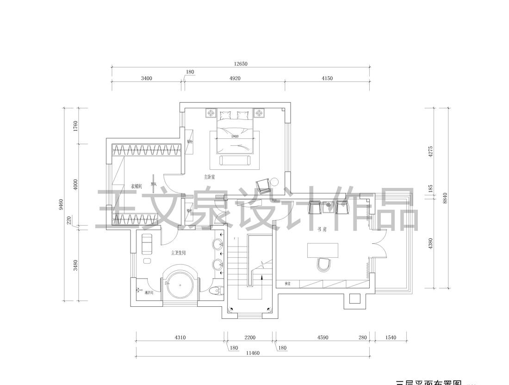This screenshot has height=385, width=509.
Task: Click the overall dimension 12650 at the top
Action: (x=240, y=64)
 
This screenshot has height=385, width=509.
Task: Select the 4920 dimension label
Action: (x=235, y=78)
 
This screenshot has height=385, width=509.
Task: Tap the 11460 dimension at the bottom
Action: (x=253, y=353)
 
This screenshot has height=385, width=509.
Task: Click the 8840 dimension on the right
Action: (x=445, y=198)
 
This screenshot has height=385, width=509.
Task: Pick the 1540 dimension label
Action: (x=391, y=338)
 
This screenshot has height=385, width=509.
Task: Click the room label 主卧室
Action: (x=210, y=177)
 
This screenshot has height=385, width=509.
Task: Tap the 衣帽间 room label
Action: (x=136, y=186)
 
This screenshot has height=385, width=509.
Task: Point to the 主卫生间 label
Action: (x=179, y=253)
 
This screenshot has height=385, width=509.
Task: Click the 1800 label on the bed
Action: (x=235, y=137)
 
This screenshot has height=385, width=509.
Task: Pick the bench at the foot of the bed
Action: (x=235, y=161)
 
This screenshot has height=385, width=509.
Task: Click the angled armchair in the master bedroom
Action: (x=264, y=186)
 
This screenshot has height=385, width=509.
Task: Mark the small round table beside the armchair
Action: (x=275, y=181)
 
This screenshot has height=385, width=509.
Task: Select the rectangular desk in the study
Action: (x=323, y=250)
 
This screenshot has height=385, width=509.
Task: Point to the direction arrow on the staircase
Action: (x=262, y=279)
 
